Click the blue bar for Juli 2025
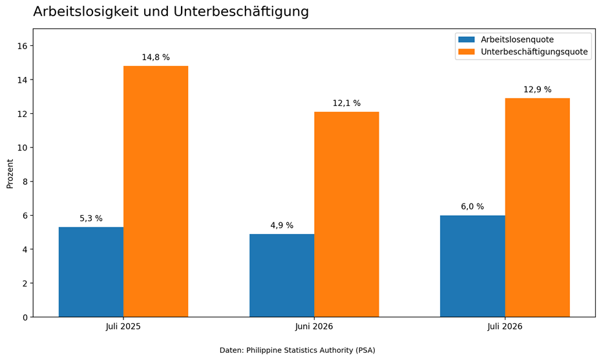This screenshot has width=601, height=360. (91, 272)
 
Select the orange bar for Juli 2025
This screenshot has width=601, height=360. (156, 191)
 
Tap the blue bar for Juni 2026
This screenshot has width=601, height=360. (282, 275)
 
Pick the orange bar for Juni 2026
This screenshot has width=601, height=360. (346, 215)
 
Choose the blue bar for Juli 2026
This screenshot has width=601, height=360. (472, 266)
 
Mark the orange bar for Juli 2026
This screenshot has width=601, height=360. (538, 207)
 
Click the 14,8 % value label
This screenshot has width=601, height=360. (156, 58)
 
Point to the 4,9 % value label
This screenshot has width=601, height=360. (282, 226)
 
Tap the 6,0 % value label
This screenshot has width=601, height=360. (472, 207)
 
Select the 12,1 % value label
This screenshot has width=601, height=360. (346, 103)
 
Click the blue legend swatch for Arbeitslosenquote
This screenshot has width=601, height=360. (467, 39)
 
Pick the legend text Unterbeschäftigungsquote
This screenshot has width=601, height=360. (534, 52)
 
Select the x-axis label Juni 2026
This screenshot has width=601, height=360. (314, 326)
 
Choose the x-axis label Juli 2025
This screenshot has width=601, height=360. (123, 326)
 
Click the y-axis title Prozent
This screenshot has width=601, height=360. (10, 174)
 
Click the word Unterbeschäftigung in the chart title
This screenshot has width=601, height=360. (241, 12)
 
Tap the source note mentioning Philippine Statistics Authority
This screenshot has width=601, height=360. (297, 350)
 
